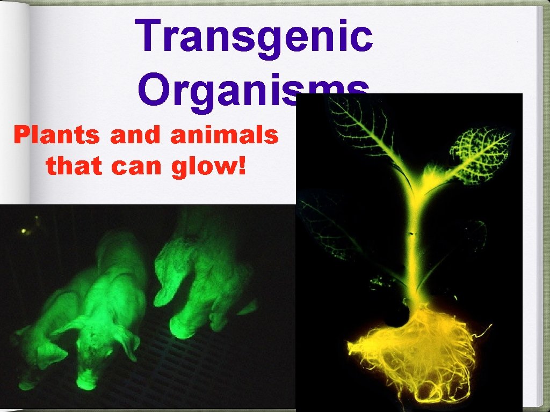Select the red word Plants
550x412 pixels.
click(x=57, y=136)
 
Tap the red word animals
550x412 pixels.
click(x=225, y=136)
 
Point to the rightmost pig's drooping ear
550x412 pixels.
click(x=164, y=292)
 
